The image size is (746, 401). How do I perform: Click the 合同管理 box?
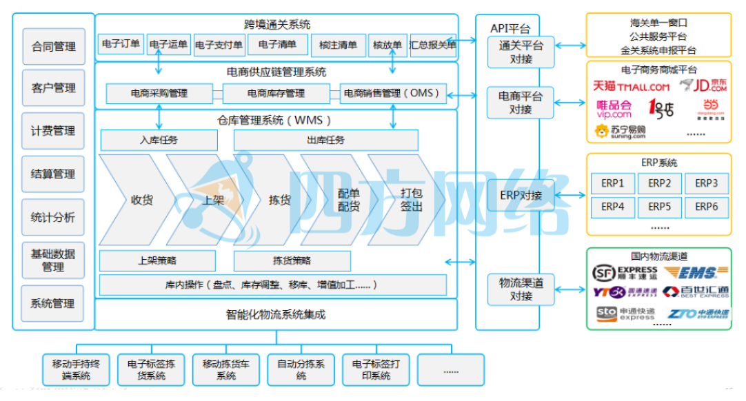click(54, 47)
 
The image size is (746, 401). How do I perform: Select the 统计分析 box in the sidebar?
click(54, 217)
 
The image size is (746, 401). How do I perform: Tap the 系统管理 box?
click(54, 303)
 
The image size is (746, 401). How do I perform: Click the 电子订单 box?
click(121, 45)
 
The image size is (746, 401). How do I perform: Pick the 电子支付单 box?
click(219, 45)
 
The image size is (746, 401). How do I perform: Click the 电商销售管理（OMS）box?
click(393, 93)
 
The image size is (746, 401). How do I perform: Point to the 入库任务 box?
click(159, 140)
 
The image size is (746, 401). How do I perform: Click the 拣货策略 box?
click(292, 261)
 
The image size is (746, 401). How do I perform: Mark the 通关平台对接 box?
click(521, 52)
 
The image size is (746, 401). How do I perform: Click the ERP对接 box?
click(521, 196)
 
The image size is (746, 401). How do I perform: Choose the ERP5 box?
click(659, 206)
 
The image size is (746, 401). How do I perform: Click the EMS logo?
click(693, 273)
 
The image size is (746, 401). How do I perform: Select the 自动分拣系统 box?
click(301, 369)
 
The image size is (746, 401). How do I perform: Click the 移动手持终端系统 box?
click(76, 369)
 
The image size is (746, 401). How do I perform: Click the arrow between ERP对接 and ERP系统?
click(570, 196)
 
